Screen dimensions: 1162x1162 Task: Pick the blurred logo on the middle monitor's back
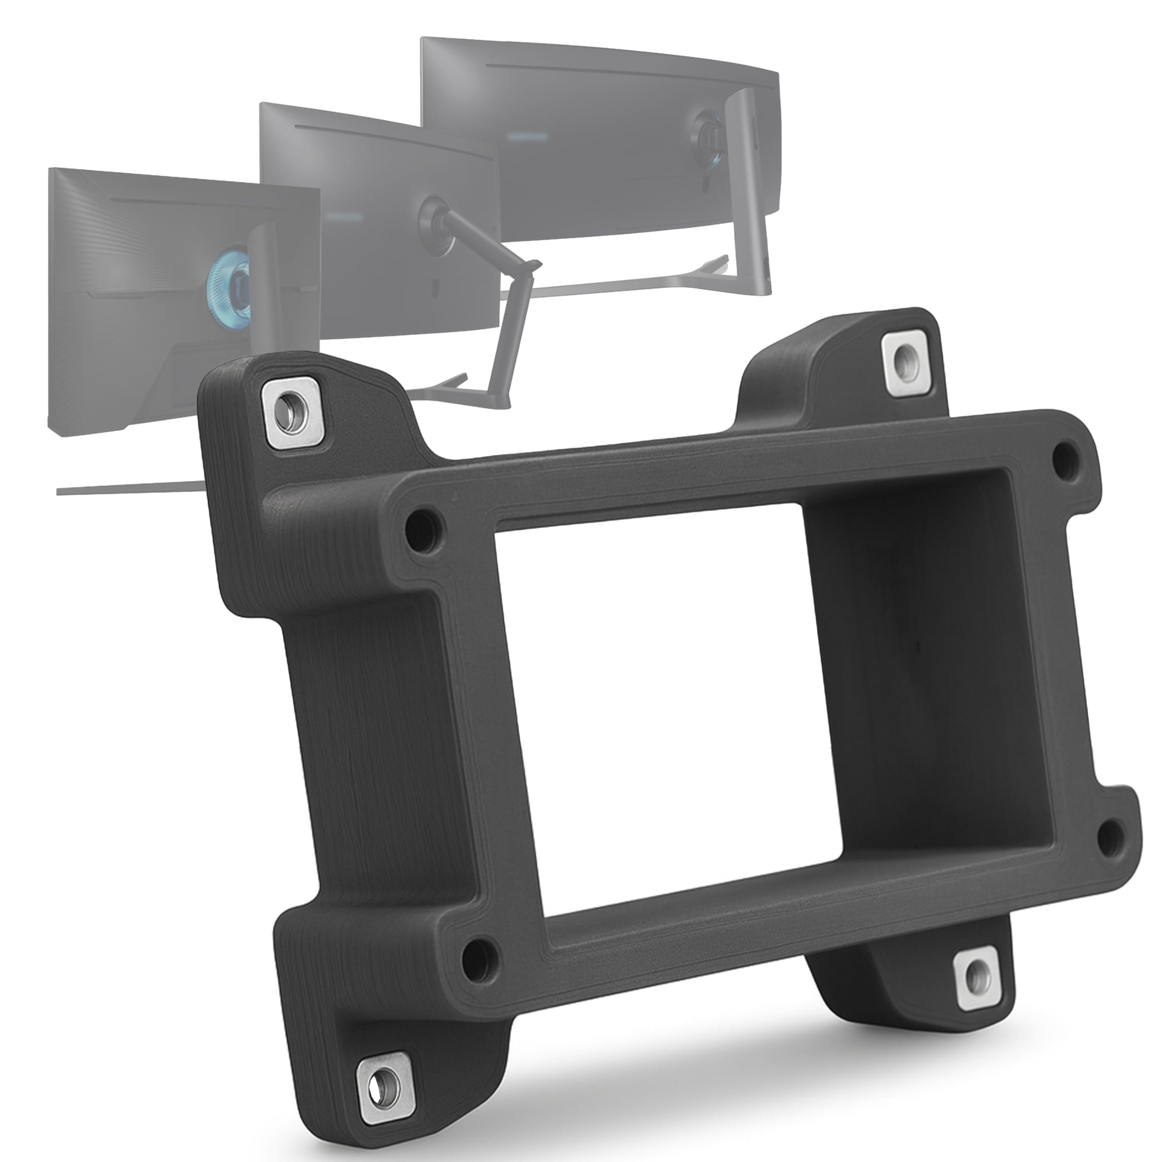pos(343,215)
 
